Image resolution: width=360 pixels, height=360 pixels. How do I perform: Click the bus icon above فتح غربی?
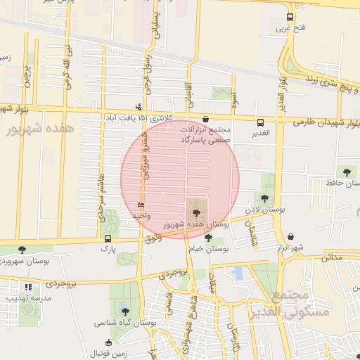coord(290,18)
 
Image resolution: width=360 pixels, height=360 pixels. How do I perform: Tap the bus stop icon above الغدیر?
coord(261,122)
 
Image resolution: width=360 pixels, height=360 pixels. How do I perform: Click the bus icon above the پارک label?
coord(108,238)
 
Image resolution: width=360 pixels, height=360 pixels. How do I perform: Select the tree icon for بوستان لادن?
coord(264,199)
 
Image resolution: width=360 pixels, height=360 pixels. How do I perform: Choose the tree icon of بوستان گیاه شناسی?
coord(124,311)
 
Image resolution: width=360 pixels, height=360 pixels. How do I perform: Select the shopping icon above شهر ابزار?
coord(291,237)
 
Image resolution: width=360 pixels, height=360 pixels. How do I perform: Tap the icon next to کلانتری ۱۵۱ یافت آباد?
coord(139,108)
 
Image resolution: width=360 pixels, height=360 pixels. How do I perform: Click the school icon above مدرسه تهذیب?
coord(28,287)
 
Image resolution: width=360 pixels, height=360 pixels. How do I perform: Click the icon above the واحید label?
coord(141,205)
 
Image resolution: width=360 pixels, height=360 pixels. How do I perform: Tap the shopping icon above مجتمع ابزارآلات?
coord(205,120)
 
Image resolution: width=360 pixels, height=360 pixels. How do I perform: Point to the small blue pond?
coord(238,272)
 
